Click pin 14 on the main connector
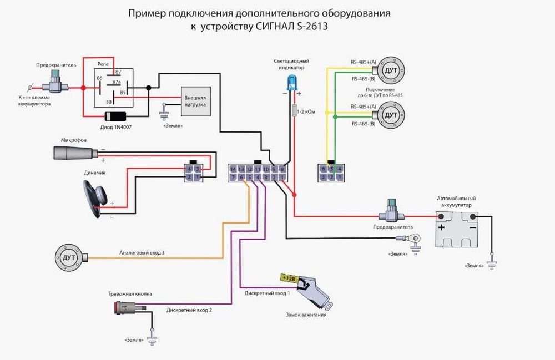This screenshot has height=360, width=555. (233, 169)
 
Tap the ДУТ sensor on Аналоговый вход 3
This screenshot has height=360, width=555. (69, 257)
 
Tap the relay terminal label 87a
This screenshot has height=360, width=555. (117, 82)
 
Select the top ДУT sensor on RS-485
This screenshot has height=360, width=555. (391, 70)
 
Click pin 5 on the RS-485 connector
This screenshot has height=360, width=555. (331, 169)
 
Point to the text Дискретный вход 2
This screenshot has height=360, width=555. (189, 310)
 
